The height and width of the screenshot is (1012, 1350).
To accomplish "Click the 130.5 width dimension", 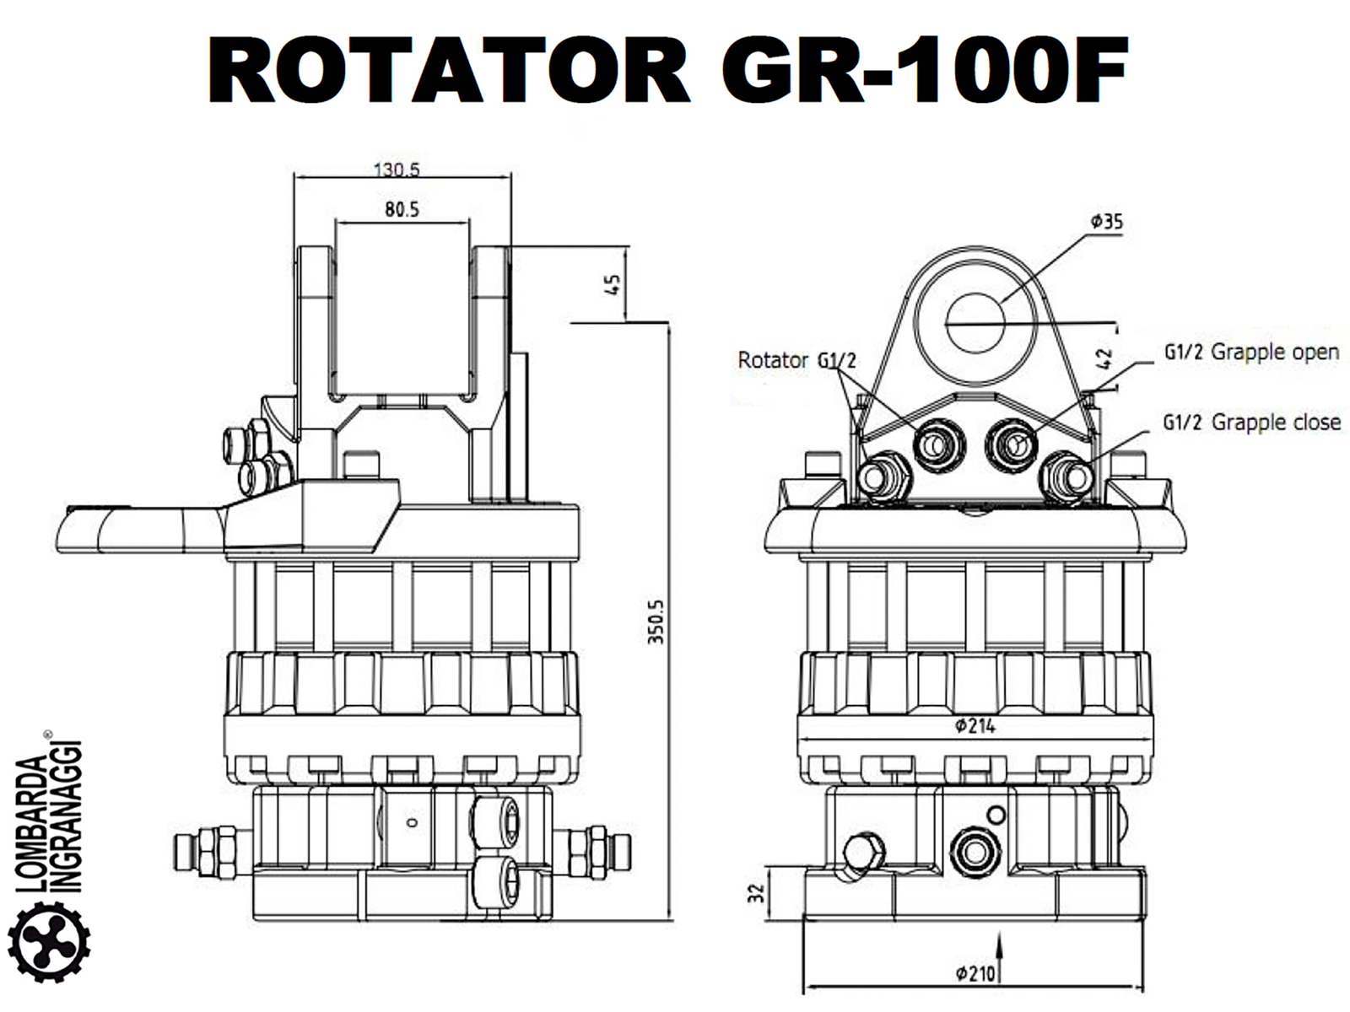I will pos(397,169).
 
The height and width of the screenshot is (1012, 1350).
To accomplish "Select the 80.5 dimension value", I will pos(402,209).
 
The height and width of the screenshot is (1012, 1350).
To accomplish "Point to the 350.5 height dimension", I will pos(656,622).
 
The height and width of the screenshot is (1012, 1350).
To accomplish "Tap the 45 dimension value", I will pos(615,283).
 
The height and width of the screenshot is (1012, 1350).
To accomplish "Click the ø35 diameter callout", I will pos(1106,222).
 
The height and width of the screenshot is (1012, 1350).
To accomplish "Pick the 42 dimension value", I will pos(1105,358).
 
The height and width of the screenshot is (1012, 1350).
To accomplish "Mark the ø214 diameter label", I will pos(975,725).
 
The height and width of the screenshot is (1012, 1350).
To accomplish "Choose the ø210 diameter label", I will pos(975,974).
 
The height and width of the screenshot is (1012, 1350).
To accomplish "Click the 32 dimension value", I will pos(757,891).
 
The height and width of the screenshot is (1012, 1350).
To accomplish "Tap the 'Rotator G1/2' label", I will pos(796,360).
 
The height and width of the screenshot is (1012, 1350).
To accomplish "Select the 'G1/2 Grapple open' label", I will pos(1251,352).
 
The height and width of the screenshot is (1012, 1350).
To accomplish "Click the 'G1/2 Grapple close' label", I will pos(1251,422).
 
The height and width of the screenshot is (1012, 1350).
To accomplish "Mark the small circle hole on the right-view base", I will pos(996,815).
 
